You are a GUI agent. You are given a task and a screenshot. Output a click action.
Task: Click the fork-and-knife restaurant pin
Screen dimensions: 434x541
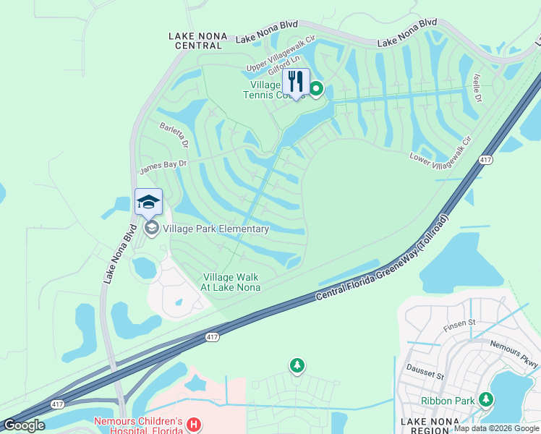[296, 81]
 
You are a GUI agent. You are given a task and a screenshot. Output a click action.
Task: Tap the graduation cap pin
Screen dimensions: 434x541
[148, 202]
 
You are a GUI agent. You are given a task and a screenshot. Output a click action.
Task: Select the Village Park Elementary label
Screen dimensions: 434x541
[216, 229]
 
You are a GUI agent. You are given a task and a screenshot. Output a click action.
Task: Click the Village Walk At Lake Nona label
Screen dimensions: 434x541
[231, 282]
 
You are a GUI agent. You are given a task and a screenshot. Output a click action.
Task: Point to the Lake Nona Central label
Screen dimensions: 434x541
[197, 41]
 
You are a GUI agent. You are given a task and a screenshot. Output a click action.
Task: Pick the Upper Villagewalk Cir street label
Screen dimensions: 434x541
[281, 56]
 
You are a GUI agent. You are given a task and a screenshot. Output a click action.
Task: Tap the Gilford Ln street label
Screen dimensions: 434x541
[284, 68]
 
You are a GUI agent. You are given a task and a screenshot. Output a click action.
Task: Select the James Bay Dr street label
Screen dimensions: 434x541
[163, 168]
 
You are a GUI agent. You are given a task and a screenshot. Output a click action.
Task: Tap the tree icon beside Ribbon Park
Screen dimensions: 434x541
[487, 399]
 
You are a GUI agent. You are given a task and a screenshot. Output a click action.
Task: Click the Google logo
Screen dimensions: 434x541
[23, 425]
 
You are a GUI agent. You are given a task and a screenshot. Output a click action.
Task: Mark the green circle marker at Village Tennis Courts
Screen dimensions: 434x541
[316, 89]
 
